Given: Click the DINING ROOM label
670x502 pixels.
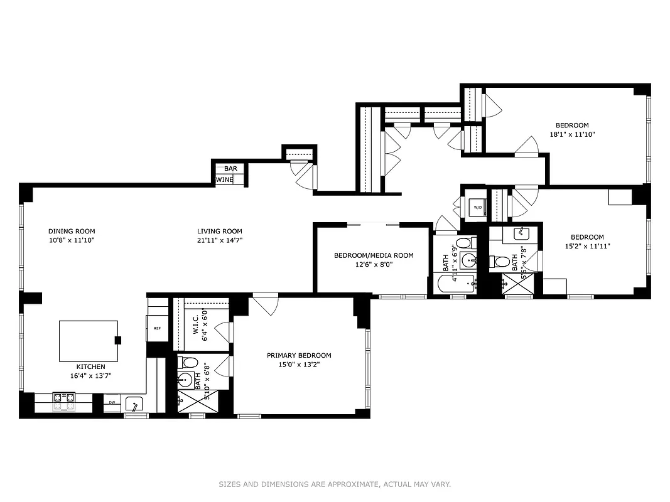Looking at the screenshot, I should pos(72,231).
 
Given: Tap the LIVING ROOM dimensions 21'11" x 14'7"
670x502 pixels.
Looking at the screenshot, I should pos(219,240).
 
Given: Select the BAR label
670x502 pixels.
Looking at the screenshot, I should pos(230,169).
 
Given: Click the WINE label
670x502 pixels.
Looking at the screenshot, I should pos(225,180).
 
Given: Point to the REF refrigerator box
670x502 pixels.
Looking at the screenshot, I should pos(157,328).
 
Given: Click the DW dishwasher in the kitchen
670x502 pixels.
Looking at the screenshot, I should pos(112,403).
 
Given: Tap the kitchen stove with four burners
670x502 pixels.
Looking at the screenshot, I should pos(63,402).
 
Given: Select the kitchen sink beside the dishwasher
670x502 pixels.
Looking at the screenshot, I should pos(134,403).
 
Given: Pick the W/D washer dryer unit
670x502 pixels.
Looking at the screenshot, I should pos(477,208).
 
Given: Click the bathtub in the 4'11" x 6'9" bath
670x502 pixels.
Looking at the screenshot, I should pos(457,284).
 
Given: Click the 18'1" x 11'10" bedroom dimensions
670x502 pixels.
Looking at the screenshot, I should pos(572,134).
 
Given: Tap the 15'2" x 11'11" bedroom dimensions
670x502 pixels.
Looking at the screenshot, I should pos(587,246).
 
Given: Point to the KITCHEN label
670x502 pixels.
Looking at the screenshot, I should pos(91,366).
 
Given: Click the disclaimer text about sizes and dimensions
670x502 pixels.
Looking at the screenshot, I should pos(335,484).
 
